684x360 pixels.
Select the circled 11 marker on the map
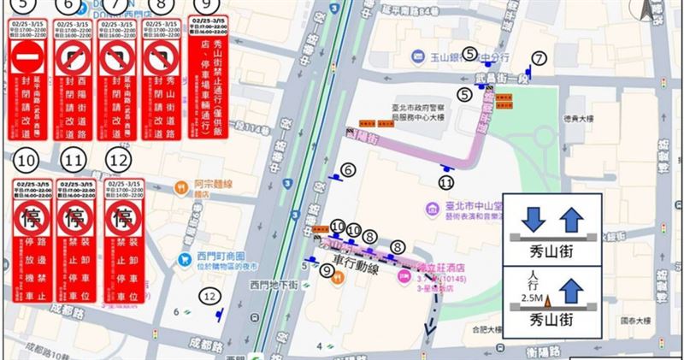click(445, 181)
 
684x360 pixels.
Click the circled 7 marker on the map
click(538, 58)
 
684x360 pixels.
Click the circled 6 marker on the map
click(347, 170)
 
